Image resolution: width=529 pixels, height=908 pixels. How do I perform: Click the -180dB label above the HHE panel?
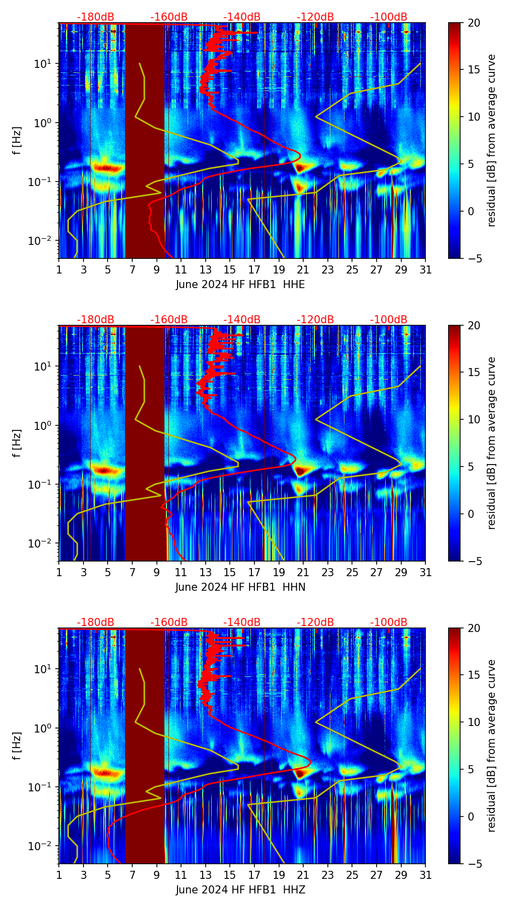[x=96, y=17]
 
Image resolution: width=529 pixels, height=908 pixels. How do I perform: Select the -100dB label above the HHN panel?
[x=389, y=320]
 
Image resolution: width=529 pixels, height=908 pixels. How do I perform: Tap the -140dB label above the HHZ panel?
[x=242, y=622]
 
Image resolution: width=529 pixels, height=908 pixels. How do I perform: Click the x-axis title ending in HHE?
[x=240, y=285]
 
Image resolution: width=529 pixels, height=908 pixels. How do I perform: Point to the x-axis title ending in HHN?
[x=240, y=587]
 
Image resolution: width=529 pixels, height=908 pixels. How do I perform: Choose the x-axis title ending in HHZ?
[x=240, y=890]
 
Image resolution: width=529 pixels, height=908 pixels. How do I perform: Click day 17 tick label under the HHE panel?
[x=254, y=270]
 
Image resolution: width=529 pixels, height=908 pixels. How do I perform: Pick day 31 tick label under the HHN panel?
[x=425, y=573]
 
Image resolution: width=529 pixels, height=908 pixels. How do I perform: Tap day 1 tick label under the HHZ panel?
[x=59, y=875]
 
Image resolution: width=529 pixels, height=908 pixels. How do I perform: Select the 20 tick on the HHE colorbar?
[x=474, y=23]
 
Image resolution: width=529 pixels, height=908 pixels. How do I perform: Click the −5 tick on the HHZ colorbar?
[x=474, y=864]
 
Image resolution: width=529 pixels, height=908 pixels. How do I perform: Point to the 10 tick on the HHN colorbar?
[x=474, y=419]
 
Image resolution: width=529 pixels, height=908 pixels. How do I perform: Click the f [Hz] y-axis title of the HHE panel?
[x=17, y=141]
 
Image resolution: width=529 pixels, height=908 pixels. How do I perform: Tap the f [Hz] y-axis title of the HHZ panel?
[x=17, y=746]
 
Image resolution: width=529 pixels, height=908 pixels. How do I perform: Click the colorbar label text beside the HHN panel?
[x=491, y=443]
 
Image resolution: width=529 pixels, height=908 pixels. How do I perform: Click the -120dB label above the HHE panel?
[x=315, y=17]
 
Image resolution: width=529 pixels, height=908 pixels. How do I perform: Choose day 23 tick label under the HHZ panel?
[x=328, y=875]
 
